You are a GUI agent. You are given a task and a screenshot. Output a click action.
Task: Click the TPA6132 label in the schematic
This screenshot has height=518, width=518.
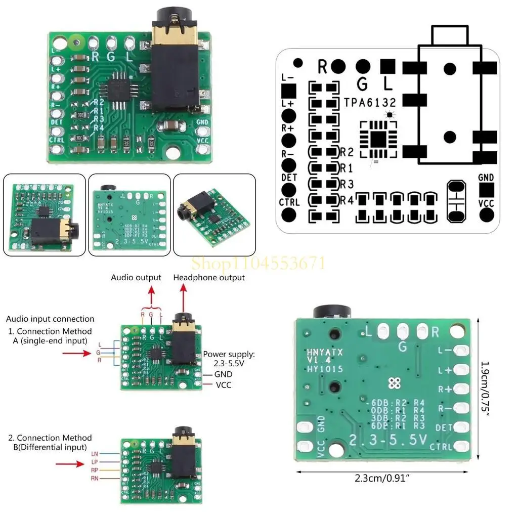(370, 102)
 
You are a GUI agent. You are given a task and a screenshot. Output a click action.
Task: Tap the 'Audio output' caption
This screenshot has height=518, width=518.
(136, 277)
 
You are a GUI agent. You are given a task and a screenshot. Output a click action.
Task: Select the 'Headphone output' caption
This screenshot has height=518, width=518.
(209, 277)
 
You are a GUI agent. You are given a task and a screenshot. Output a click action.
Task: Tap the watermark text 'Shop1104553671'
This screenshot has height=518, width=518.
(258, 263)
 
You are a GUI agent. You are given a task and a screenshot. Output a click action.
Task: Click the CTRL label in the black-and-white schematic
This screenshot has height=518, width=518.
(289, 202)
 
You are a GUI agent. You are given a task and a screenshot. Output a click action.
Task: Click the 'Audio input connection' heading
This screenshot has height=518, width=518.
(50, 319)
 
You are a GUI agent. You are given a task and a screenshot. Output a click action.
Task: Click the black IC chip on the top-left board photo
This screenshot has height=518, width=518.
(119, 90)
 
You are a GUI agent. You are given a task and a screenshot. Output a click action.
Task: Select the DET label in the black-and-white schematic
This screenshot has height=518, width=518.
(289, 178)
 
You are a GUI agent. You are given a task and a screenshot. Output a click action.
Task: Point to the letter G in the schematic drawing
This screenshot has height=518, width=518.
(362, 82)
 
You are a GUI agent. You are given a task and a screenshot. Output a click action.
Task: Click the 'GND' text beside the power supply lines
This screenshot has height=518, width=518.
(223, 374)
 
